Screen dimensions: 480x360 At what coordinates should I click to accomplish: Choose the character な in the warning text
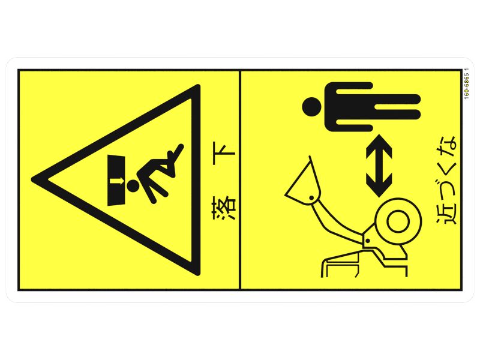[x=446, y=146]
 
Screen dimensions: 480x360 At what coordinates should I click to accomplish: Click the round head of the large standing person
[x=312, y=107]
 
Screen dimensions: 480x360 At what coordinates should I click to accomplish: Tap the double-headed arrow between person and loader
[x=379, y=166]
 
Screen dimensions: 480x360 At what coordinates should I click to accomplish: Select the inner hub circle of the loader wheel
[x=398, y=221]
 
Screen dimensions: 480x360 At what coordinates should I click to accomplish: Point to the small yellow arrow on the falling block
[x=116, y=181]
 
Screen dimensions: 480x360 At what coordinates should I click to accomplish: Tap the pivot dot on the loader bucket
[x=311, y=197]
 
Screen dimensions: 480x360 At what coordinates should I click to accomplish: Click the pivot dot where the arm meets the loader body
[x=367, y=241]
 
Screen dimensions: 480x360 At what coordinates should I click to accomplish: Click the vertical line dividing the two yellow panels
[x=239, y=180]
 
